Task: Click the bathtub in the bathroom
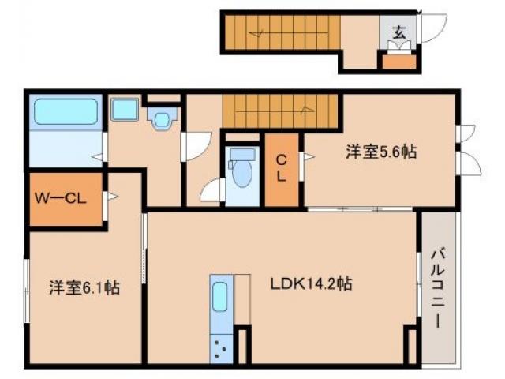click(65, 114)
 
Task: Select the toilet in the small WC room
click(240, 167)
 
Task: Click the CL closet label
click(280, 168)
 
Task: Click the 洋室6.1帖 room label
click(84, 288)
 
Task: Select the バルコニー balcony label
click(438, 288)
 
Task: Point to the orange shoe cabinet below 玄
click(399, 61)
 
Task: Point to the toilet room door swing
click(211, 191)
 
